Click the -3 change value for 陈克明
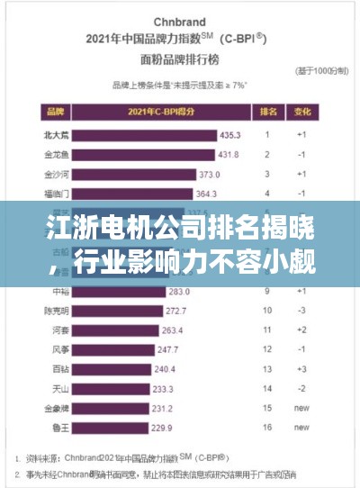(x=301, y=311)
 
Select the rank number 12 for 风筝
(x=267, y=349)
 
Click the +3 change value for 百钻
(x=301, y=369)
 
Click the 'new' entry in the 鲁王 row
(x=301, y=428)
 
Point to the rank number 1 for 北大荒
(x=267, y=134)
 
